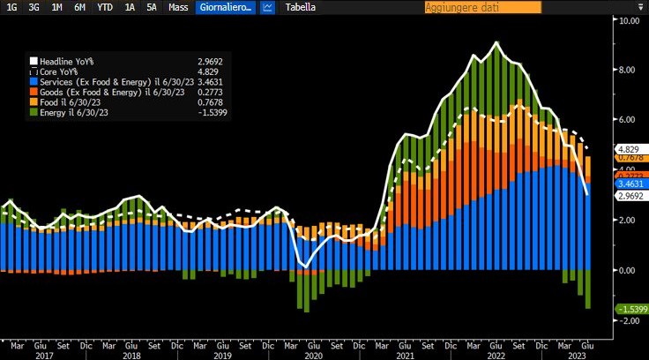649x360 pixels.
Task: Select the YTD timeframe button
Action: tap(104, 7)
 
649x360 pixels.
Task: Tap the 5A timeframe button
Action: tap(153, 7)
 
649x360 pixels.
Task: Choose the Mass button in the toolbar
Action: tap(179, 7)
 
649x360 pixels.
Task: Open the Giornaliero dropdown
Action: tap(225, 7)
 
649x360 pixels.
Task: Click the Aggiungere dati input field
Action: tap(481, 7)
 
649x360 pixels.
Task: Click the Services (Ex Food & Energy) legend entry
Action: tap(106, 81)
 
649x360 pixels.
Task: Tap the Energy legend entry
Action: tap(74, 112)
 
